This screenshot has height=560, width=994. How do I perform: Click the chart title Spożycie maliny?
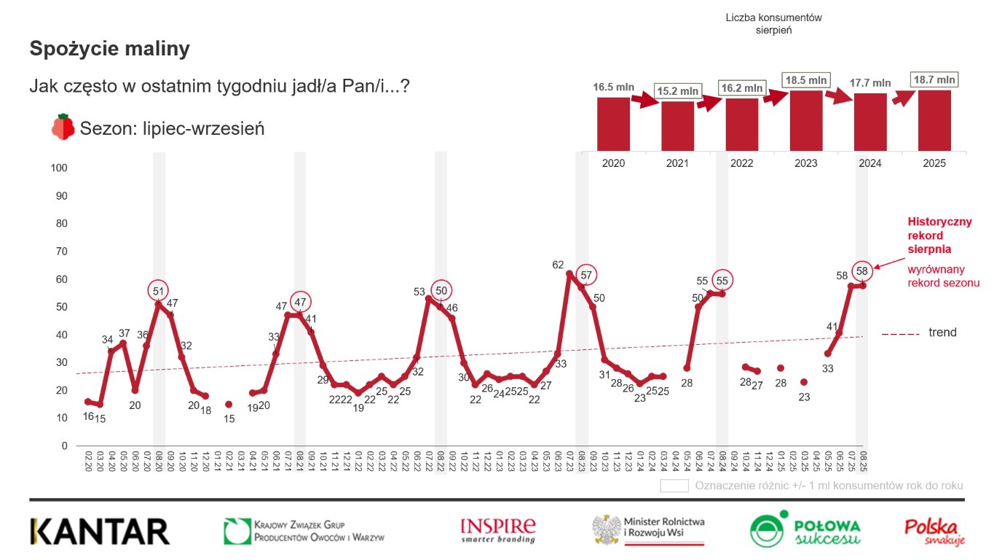tap(109, 49)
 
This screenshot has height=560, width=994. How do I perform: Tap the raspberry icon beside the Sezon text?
tap(63, 127)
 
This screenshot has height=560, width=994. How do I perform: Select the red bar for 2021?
tap(677, 125)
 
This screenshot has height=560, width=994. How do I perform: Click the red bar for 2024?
tap(870, 122)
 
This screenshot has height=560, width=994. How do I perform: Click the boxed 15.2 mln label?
tap(677, 92)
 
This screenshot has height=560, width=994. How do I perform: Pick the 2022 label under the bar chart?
tap(741, 163)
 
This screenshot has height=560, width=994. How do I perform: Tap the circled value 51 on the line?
tap(159, 291)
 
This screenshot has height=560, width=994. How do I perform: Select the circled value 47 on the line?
tap(300, 302)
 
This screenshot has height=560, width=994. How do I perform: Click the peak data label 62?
tap(559, 265)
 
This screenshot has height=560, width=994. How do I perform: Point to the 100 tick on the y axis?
tap(58, 168)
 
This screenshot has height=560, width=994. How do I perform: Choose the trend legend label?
tap(942, 333)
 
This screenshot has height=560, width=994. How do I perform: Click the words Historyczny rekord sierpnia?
tap(939, 236)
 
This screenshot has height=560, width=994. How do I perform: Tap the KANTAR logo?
tap(100, 532)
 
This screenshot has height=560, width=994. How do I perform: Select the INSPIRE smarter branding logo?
tap(498, 530)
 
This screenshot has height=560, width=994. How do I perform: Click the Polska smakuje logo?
tap(934, 531)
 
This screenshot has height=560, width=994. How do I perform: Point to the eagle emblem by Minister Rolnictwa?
tap(606, 529)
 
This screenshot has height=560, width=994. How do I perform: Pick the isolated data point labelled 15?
tap(228, 404)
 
